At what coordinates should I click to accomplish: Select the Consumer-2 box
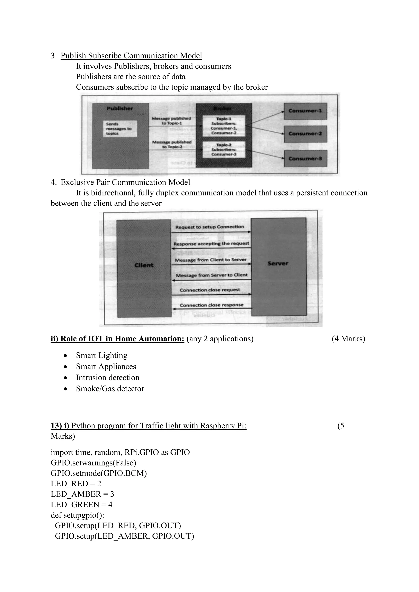click(x=305, y=134)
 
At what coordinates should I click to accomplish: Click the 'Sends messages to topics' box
click(x=120, y=129)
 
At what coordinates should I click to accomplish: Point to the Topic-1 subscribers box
click(x=224, y=126)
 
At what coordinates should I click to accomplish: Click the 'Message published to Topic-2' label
click(x=172, y=144)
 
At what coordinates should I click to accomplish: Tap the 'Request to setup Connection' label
click(x=209, y=227)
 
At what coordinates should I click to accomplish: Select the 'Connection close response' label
click(x=212, y=305)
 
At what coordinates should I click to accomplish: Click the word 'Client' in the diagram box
click(x=144, y=265)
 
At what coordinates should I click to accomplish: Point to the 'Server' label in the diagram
click(x=278, y=263)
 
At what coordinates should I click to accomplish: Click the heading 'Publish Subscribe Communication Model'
click(x=131, y=56)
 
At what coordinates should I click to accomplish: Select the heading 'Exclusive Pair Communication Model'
click(x=125, y=182)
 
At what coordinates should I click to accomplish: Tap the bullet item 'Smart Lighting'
click(x=102, y=355)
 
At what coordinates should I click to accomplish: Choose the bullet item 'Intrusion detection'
click(x=108, y=378)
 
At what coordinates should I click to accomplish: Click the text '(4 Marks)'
click(x=348, y=339)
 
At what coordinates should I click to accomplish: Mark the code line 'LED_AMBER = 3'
click(x=82, y=494)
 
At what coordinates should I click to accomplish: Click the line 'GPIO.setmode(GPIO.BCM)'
click(x=99, y=473)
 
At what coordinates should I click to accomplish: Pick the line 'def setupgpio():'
click(x=77, y=515)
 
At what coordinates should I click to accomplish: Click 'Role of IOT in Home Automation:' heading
click(x=117, y=339)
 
